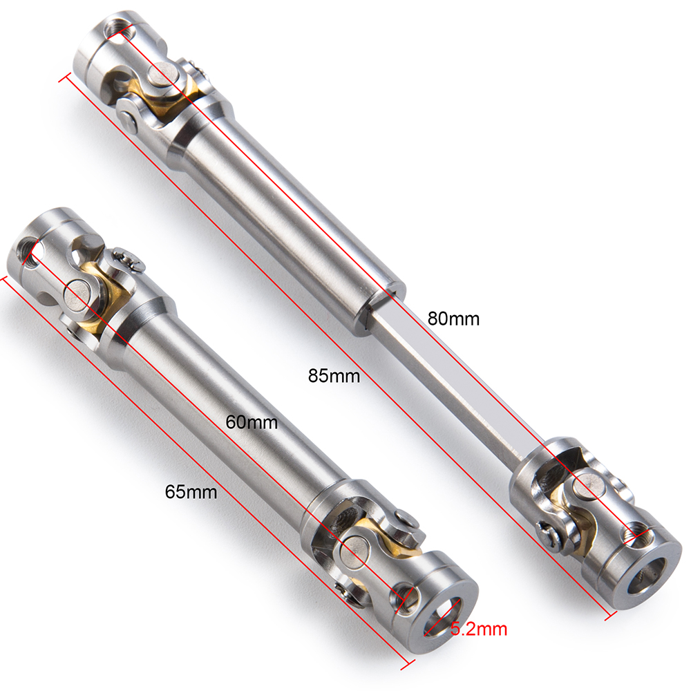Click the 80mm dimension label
coord(453,319)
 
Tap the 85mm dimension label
coord(334,376)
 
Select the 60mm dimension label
coord(252,423)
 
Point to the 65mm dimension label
coord(191,492)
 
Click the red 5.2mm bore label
coord(479,629)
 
